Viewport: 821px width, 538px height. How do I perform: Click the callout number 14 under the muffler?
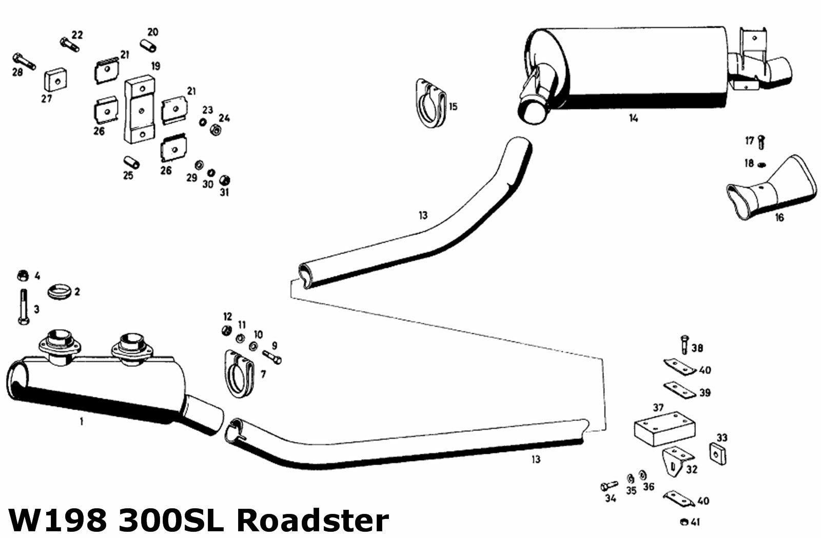[634, 118]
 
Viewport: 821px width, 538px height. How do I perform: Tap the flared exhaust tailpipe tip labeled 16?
[772, 188]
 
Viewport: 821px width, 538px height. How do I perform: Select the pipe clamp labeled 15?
[431, 103]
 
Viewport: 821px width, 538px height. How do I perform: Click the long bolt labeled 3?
[24, 306]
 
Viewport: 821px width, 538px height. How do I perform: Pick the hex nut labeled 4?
[23, 276]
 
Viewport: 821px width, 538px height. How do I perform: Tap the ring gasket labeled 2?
[59, 292]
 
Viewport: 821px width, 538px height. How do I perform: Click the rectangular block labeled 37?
[664, 428]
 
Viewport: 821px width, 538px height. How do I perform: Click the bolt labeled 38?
[685, 344]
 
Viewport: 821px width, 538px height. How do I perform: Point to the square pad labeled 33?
[718, 454]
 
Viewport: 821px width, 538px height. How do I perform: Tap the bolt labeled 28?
[24, 62]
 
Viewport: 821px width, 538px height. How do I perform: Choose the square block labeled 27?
[56, 80]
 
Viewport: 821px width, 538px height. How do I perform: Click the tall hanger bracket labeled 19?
[139, 109]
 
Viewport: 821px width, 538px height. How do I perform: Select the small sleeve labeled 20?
[148, 46]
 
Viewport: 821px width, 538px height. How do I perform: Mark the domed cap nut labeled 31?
[224, 180]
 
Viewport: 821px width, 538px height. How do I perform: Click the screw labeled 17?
[761, 142]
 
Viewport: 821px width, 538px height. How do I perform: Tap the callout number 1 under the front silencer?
[82, 422]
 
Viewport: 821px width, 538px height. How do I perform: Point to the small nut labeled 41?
[683, 522]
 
